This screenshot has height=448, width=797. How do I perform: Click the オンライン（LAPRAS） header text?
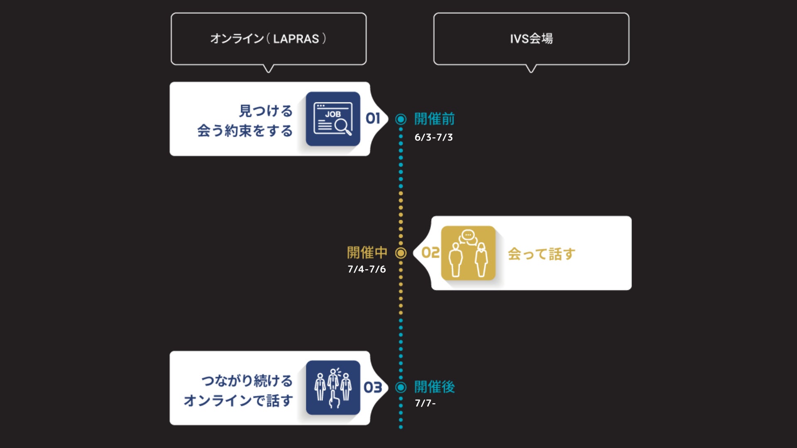268,39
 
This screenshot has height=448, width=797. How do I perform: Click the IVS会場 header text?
531,39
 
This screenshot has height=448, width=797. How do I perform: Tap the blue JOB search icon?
333,119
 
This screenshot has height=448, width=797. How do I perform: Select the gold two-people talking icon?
468,253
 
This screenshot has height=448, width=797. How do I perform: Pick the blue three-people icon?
333,387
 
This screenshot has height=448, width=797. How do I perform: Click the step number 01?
373,119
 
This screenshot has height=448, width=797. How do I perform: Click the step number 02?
430,253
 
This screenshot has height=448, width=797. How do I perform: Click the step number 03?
373,387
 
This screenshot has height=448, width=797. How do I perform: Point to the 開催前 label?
434,119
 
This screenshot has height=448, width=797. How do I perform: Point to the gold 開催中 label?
367,252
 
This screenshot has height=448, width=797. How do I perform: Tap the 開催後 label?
434,387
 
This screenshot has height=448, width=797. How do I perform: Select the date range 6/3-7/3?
433,137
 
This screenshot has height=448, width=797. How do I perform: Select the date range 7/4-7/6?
367,269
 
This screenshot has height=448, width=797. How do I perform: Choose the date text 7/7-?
425,403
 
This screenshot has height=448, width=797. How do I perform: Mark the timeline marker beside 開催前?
401,119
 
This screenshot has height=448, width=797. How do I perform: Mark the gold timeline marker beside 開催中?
401,253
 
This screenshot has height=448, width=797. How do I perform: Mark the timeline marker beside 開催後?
401,387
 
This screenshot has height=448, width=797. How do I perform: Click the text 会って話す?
541,254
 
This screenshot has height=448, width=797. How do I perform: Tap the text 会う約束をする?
245,131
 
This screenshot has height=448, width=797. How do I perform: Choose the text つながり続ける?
247,380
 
